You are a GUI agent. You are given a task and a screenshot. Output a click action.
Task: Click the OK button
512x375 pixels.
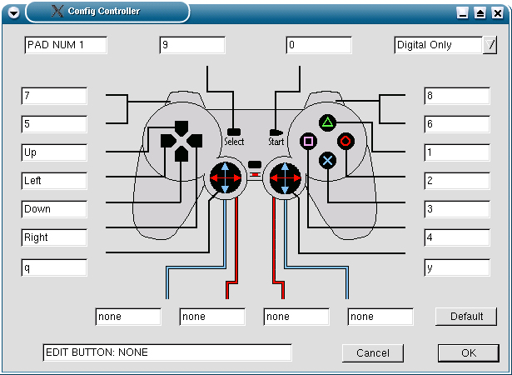point(469,353)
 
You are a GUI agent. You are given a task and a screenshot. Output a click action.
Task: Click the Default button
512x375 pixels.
point(466,317)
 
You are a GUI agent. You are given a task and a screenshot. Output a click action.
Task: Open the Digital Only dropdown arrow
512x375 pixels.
point(490,45)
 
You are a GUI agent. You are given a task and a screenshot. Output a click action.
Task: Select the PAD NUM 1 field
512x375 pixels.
point(66,45)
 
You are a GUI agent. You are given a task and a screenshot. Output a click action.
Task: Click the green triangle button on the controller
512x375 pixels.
point(327,123)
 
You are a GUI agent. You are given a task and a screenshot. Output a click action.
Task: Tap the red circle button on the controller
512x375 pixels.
point(345,141)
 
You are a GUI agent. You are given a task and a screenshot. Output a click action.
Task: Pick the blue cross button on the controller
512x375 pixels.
point(327,161)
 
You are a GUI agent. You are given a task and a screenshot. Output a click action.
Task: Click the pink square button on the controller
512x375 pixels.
point(308,141)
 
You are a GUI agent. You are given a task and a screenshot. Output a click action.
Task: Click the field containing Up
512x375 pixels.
point(54,152)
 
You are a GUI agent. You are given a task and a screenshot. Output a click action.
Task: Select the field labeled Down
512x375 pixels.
point(54,209)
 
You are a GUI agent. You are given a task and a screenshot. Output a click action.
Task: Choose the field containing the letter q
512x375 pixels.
point(54,267)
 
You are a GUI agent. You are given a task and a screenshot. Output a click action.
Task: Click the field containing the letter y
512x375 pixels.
point(457,267)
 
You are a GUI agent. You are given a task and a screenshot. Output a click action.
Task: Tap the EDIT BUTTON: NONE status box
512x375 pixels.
point(167,352)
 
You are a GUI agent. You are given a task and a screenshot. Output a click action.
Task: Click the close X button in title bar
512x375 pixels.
point(497,13)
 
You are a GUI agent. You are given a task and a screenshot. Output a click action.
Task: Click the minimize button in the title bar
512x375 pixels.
point(462,13)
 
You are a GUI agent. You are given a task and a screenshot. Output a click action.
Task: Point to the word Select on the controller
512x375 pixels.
point(234,142)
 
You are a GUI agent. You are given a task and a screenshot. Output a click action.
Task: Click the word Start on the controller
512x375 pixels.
point(276,142)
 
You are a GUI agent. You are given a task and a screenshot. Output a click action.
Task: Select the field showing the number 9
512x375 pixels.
point(192,45)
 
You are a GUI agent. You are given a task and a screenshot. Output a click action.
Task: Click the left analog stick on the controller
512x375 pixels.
point(226,177)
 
